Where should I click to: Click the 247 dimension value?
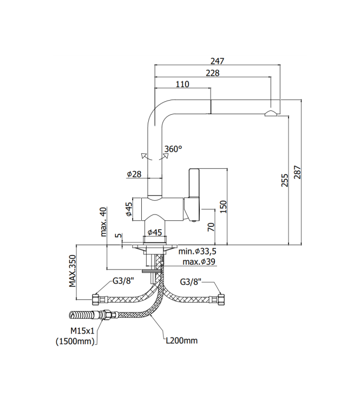click(218, 61)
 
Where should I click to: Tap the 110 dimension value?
click(182, 84)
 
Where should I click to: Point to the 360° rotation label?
click(173, 149)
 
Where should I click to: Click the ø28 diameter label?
click(134, 174)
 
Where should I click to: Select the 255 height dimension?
click(285, 180)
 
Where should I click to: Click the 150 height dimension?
click(223, 206)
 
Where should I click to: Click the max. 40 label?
click(104, 222)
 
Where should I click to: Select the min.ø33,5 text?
click(198, 252)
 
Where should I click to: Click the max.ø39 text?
click(199, 262)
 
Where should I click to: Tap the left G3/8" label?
click(122, 281)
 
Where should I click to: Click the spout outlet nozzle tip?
click(271, 113)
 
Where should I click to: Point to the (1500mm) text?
click(76, 340)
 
